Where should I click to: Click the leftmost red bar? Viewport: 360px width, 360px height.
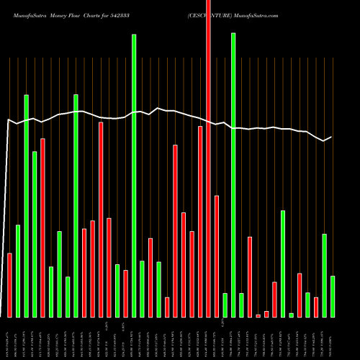[9, 285]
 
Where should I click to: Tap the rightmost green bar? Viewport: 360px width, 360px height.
[333, 297]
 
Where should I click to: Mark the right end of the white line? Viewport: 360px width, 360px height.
[331, 137]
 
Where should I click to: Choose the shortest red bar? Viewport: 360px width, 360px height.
[258, 315]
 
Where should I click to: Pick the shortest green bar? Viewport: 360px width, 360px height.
[291, 315]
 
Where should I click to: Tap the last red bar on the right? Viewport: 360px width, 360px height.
[316, 307]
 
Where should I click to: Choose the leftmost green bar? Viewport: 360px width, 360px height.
[18, 271]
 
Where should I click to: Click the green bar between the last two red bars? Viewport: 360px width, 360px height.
[307, 305]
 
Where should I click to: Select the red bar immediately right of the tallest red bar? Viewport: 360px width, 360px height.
[217, 256]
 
